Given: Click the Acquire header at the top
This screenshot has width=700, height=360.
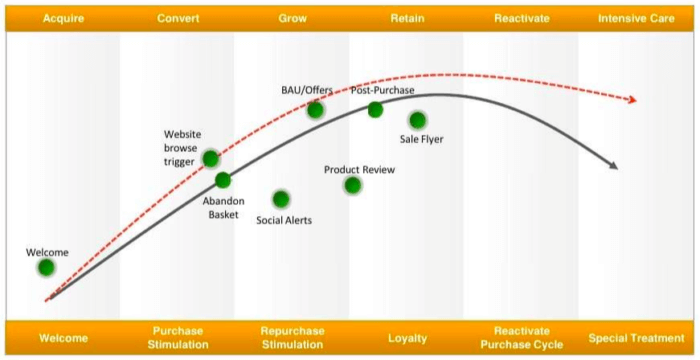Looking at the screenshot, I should click(62, 18).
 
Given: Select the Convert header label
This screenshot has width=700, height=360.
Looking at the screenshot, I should click(178, 18).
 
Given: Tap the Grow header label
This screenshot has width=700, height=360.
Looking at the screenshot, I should click(292, 18).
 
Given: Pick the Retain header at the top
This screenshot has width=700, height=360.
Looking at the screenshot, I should click(407, 18).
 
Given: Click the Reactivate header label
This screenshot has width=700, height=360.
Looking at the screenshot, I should click(522, 18).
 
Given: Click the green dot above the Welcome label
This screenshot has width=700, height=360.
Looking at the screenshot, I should click(46, 267).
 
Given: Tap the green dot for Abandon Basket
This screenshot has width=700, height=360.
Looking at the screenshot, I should click(223, 180).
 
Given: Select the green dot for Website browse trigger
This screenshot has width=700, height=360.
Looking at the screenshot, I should click(210, 158).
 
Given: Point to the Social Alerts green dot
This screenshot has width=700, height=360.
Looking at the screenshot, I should click(281, 199).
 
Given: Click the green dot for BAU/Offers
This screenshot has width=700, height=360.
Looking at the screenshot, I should click(315, 109).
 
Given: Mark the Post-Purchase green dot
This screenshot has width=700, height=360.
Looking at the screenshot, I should click(375, 110).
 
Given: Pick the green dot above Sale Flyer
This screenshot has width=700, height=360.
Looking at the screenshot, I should click(417, 120).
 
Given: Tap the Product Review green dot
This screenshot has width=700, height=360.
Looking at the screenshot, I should click(352, 185).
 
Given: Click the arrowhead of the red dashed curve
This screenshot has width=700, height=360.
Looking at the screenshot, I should click(631, 100).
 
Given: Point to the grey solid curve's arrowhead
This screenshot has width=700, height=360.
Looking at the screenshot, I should click(613, 166).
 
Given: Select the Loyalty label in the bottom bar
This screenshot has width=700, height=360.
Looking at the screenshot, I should click(407, 338).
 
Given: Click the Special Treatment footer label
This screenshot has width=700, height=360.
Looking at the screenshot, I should click(637, 338).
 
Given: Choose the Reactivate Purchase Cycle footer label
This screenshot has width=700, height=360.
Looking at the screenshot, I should click(522, 338).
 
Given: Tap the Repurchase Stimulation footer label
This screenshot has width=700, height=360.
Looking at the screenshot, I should click(292, 338).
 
